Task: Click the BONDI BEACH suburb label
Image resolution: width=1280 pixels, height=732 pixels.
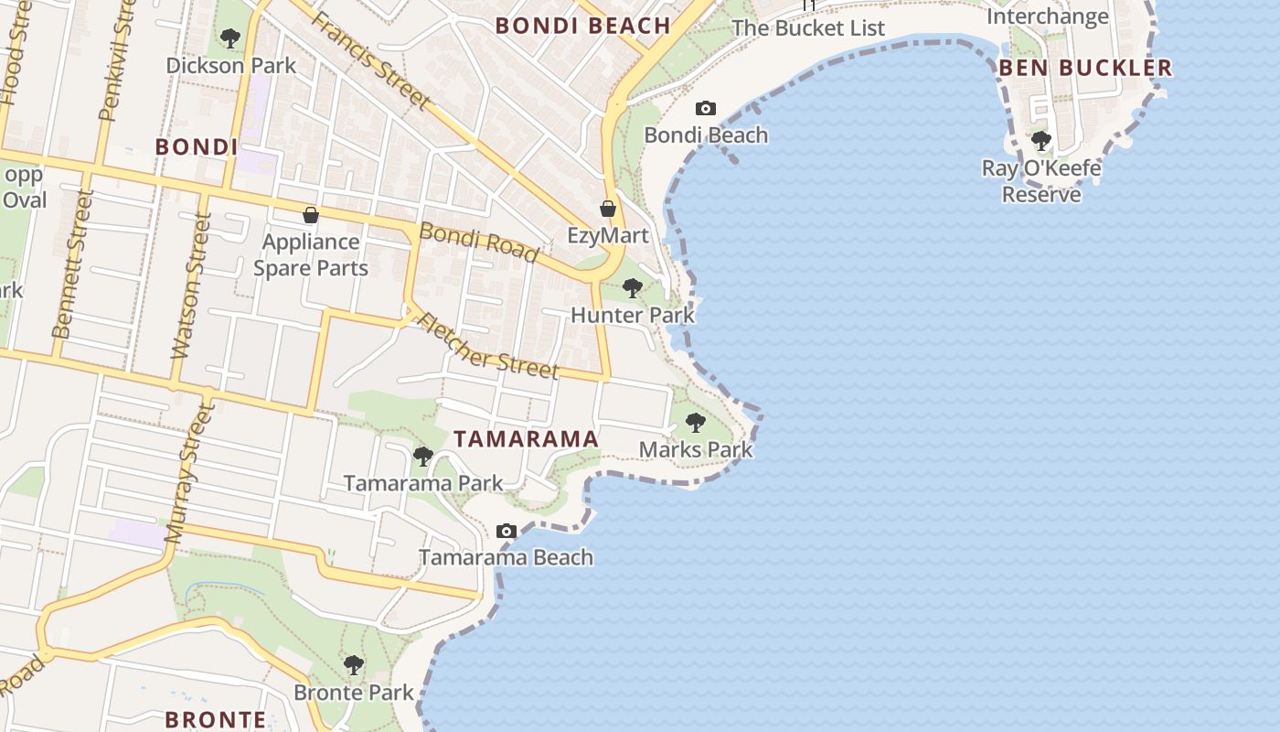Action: [583, 26]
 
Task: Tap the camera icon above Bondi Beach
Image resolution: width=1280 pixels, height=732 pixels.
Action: [706, 109]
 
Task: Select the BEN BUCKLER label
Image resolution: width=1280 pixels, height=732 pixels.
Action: [1085, 68]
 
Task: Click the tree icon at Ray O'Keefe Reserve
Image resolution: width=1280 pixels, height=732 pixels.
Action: [1041, 141]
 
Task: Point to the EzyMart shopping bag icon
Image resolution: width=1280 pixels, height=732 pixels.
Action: [608, 210]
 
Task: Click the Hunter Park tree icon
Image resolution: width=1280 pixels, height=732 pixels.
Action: [632, 289]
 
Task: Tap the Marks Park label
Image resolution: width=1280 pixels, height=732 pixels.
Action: [696, 449]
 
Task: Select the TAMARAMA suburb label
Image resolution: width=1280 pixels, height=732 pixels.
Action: [527, 439]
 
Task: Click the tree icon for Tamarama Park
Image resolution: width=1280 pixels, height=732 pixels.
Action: [422, 456]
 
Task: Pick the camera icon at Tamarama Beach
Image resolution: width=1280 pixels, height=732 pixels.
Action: [506, 532]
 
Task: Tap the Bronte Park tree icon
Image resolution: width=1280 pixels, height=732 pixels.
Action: [354, 665]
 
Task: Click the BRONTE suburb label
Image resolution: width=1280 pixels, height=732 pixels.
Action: [216, 719]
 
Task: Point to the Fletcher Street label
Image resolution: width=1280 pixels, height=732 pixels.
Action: [486, 346]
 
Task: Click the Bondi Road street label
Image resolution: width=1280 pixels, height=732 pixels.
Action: [478, 242]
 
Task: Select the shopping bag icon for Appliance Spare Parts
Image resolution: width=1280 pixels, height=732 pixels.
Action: [311, 216]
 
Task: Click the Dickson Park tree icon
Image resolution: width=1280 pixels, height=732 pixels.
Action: [230, 38]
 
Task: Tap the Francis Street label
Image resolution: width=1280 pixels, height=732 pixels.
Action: [370, 59]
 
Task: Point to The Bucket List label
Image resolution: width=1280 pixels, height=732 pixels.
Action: [808, 28]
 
